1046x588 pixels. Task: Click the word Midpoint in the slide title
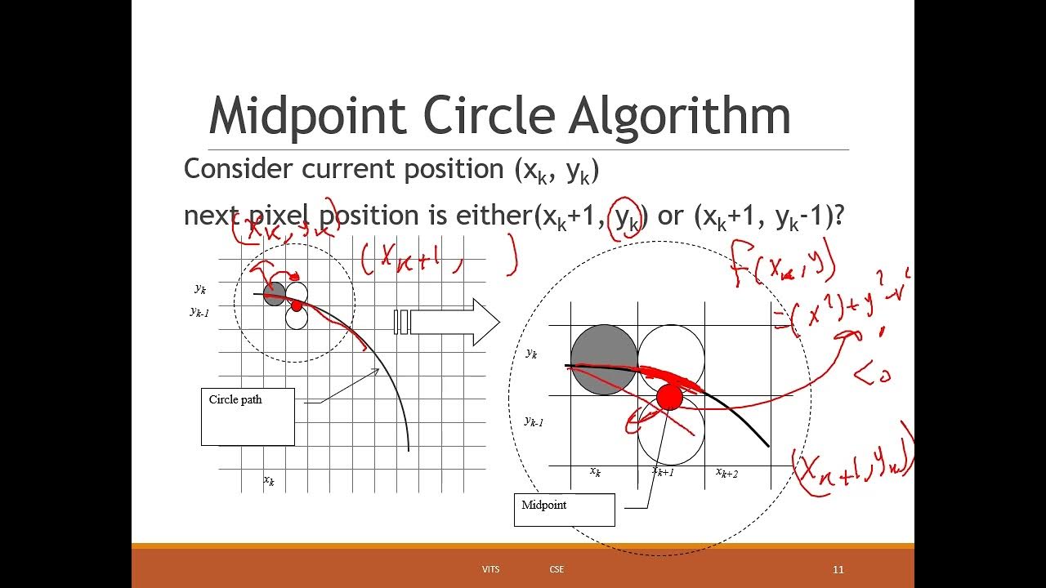(x=307, y=117)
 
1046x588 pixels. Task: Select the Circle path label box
(x=248, y=416)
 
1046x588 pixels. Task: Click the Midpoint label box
(x=564, y=510)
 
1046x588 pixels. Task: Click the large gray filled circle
(x=604, y=359)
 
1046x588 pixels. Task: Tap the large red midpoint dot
(x=669, y=398)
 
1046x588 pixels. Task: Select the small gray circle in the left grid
(x=275, y=293)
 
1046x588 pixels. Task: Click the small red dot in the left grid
(x=296, y=305)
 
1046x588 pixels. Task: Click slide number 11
(x=838, y=569)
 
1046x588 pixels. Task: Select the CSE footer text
(x=557, y=569)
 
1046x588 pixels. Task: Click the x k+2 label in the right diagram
(x=726, y=473)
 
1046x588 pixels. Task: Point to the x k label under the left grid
(x=269, y=481)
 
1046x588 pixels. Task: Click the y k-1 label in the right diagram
(x=534, y=421)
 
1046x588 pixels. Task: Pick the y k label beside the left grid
(x=200, y=288)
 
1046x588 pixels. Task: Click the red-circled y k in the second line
(x=627, y=218)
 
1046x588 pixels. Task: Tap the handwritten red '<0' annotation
(x=872, y=375)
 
